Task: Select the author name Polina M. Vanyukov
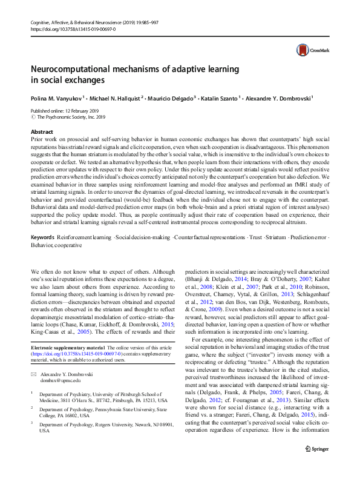(56, 97)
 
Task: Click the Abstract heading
(42, 131)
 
